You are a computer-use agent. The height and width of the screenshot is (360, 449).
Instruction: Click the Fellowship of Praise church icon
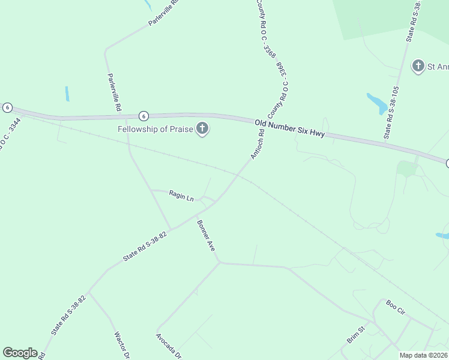click(x=203, y=128)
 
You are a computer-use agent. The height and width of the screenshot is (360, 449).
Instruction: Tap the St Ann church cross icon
click(x=418, y=66)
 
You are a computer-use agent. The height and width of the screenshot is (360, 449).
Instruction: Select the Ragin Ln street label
click(x=181, y=196)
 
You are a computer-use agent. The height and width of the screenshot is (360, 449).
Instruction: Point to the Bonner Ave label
click(x=206, y=235)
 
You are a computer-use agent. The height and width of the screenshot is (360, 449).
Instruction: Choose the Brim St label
click(x=356, y=335)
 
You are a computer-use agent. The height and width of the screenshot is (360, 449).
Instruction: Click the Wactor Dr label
click(x=121, y=345)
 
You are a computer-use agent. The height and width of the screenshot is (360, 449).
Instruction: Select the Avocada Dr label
click(x=169, y=346)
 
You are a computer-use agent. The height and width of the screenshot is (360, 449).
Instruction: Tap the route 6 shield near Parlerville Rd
click(x=143, y=116)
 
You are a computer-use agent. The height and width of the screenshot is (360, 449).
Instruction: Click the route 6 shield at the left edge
click(x=7, y=107)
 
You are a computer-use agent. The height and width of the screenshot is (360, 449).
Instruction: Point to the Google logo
click(x=20, y=353)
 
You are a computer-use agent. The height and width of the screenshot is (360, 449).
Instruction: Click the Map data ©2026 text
click(x=423, y=355)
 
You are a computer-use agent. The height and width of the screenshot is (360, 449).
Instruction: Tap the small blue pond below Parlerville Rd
click(x=67, y=94)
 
